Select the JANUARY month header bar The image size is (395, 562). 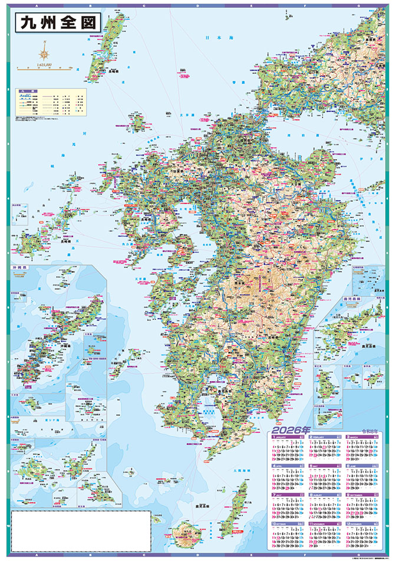[287, 437]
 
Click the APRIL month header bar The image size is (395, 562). [287, 467]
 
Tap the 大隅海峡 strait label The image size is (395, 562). [242, 471]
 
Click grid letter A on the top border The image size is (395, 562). [23, 3]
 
